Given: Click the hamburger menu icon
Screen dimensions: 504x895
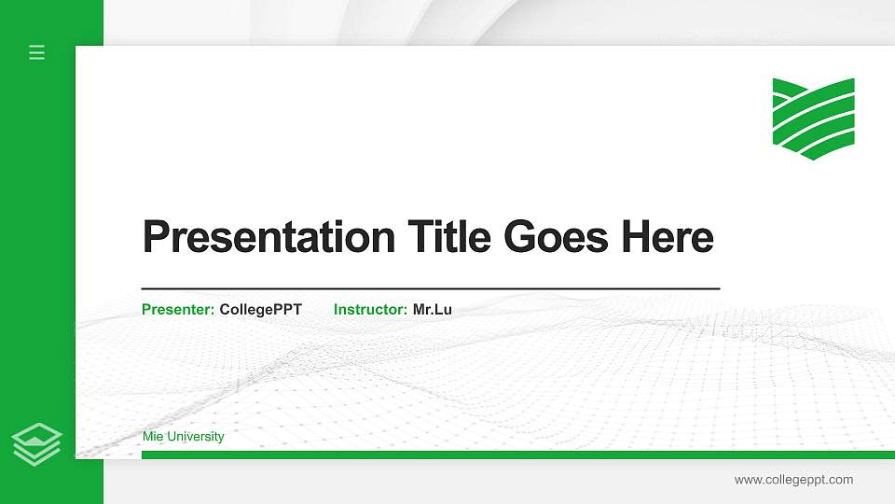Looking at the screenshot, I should coord(37,52).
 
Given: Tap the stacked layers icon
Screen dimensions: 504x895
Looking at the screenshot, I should coord(37,443).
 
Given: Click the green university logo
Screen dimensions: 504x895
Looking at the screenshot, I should coord(813,118).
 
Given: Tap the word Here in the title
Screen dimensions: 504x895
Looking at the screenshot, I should coord(668,237).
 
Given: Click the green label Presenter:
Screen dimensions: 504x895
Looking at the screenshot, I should coord(178,309).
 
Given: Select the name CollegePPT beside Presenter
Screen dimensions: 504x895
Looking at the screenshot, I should coord(260,309).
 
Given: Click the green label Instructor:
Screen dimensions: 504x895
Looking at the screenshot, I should coord(370,309).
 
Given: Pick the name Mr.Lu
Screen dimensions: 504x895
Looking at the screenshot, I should coord(433,309).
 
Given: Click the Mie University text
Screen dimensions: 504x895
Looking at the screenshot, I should coord(183,437).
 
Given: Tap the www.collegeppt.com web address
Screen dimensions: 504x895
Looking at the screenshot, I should coord(793,480).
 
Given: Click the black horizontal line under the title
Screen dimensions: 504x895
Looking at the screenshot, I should coord(431,289).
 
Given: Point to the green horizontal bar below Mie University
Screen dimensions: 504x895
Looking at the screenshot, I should coord(517,455).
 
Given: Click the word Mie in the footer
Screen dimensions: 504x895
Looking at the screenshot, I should coord(152,437).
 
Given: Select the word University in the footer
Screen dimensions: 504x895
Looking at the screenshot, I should coord(195,437).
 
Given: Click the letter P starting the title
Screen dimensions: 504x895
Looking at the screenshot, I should coord(155,237).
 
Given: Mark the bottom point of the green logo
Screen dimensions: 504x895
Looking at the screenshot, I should coord(813,158).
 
